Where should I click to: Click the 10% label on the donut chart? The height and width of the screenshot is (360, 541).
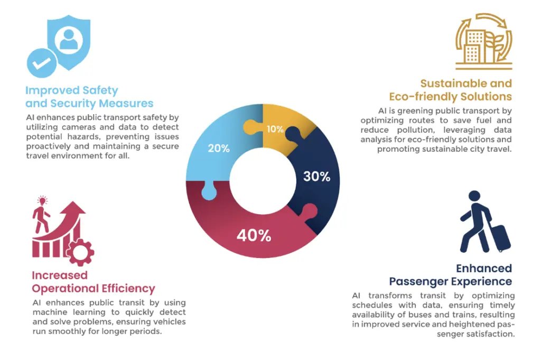tap(275, 129)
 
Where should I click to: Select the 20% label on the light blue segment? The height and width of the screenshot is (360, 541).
tap(218, 149)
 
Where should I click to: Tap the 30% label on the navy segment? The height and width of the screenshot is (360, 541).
tap(316, 177)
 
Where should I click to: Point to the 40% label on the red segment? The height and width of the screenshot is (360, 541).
tap(254, 235)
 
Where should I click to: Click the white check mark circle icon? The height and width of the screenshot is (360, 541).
tap(42, 63)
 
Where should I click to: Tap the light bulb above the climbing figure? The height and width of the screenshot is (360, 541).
tap(42, 201)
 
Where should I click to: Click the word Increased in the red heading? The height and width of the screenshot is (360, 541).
tap(60, 275)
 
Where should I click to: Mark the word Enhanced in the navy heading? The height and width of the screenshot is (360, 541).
tap(484, 269)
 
